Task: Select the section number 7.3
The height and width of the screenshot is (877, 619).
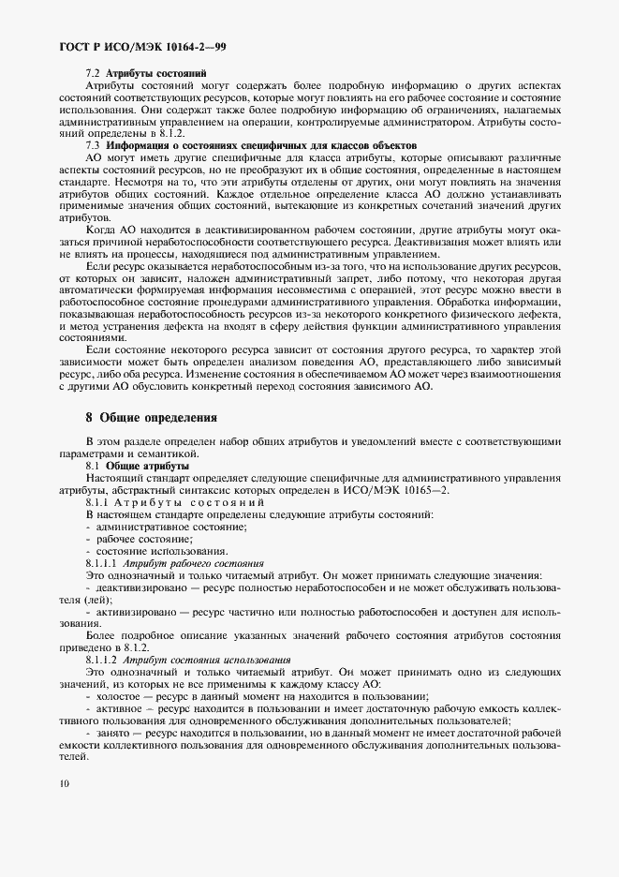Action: [x=93, y=146]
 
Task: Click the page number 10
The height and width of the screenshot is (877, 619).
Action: [x=62, y=782]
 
